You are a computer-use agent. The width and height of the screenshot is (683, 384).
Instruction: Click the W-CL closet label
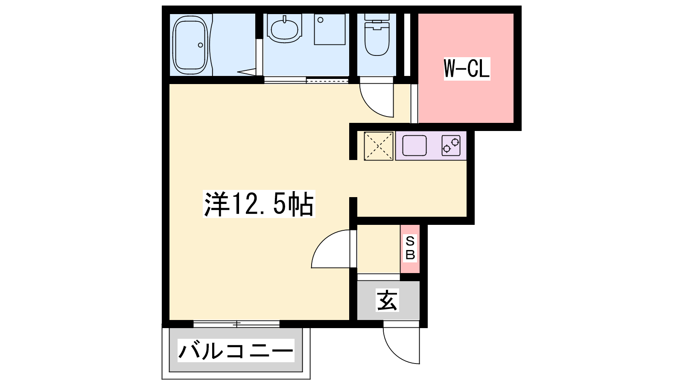467,69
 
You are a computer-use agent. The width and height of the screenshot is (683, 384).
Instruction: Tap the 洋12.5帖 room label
259,204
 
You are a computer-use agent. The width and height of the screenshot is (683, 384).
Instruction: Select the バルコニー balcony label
236,350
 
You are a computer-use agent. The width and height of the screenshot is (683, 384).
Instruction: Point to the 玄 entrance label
387,300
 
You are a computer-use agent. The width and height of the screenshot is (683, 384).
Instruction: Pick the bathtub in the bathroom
190,45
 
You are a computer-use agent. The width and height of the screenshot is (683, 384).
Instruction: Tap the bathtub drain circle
200,45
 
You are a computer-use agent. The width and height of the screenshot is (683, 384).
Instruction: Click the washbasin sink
285,28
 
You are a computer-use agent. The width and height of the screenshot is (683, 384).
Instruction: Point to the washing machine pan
330,29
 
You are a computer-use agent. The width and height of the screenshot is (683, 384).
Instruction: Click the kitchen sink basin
414,145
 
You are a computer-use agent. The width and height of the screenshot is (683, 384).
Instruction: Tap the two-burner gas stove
451,145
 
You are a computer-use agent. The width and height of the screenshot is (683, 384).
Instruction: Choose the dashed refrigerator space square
378,146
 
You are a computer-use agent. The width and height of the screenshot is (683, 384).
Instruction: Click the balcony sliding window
236,324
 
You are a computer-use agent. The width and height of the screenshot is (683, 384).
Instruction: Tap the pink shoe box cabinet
410,249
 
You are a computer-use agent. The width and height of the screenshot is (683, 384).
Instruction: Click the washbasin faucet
284,20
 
